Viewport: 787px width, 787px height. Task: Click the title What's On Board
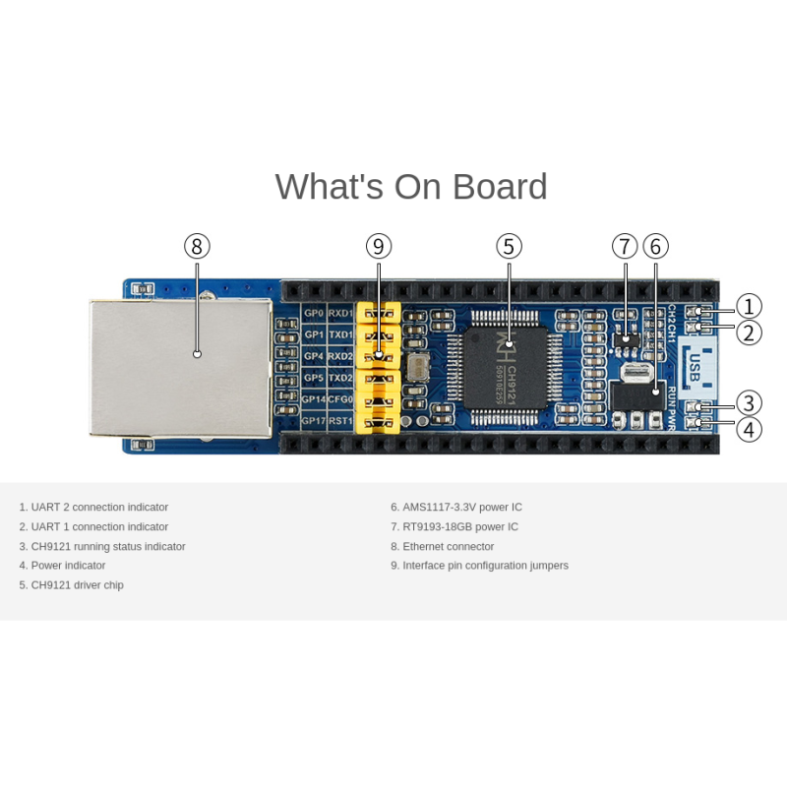[411, 187]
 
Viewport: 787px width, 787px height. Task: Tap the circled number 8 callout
[197, 246]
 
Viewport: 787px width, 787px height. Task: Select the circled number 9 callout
[379, 246]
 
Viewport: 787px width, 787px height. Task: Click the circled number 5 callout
[509, 246]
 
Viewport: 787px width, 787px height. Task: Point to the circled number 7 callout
[625, 246]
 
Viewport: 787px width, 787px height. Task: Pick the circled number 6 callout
[656, 246]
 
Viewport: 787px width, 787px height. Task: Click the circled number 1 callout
[749, 307]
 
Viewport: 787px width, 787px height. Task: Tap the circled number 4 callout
[749, 429]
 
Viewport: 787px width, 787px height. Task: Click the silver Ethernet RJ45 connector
[181, 367]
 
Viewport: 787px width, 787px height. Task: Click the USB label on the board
[695, 366]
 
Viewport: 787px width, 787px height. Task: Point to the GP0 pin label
[314, 314]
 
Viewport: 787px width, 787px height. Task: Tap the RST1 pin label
[340, 421]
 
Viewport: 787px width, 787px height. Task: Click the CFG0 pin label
[340, 399]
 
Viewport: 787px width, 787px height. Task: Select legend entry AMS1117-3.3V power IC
[456, 508]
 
